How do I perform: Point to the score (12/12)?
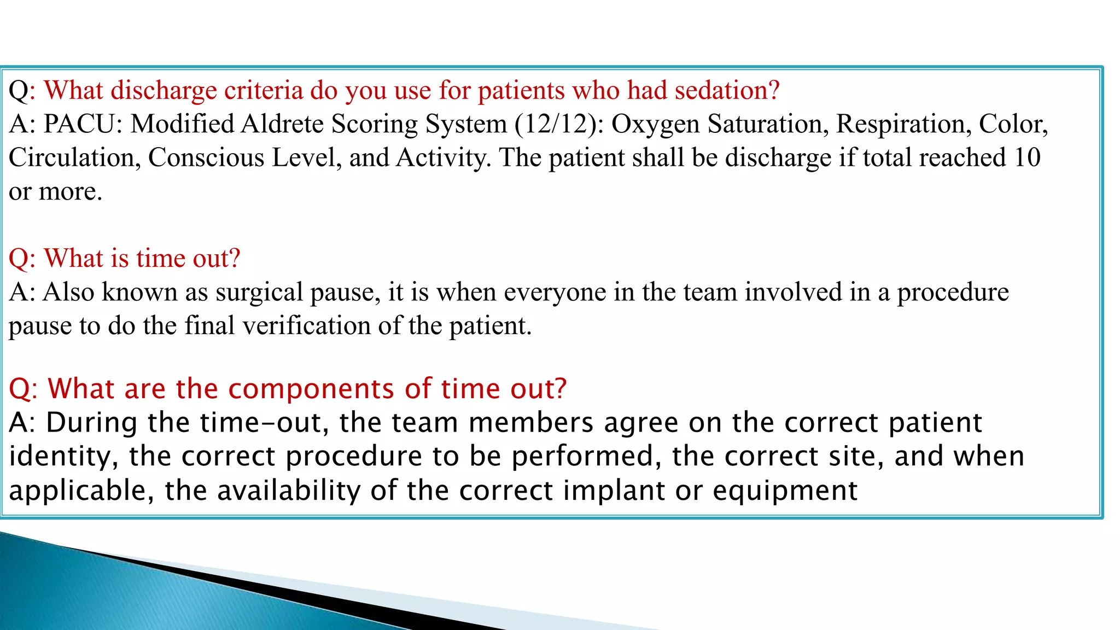[x=559, y=124]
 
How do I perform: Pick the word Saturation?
[x=766, y=124]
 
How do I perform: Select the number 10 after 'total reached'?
[x=1027, y=157]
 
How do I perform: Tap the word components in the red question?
[x=311, y=389]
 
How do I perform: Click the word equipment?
[x=785, y=491]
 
